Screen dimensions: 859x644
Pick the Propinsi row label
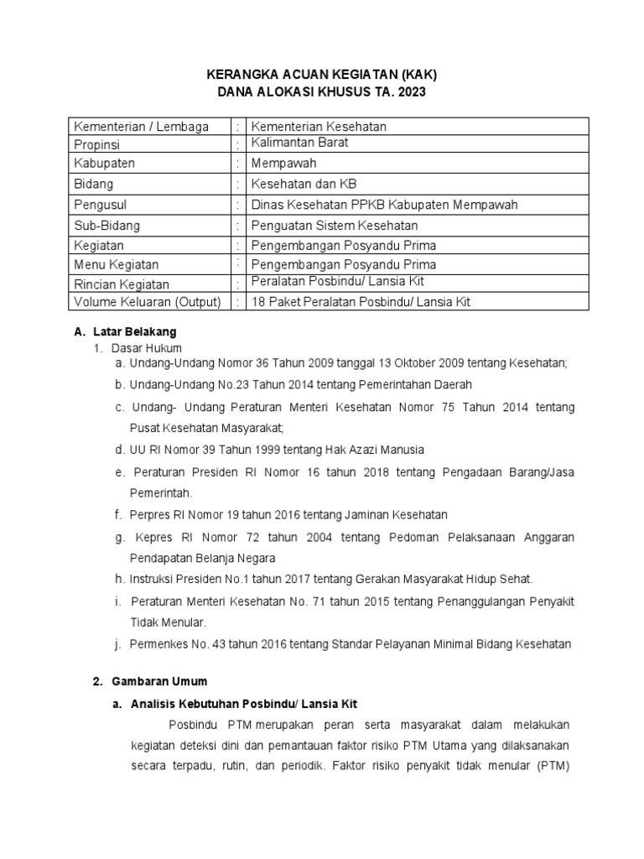tap(98, 143)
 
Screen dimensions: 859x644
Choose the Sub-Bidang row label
tap(107, 226)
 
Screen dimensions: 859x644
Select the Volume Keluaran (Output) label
tap(148, 302)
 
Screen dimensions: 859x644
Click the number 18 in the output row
tap(259, 302)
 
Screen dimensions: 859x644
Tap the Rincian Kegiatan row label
tap(122, 284)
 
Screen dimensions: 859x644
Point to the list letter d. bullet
tap(121, 449)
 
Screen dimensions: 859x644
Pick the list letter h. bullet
tap(121, 579)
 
